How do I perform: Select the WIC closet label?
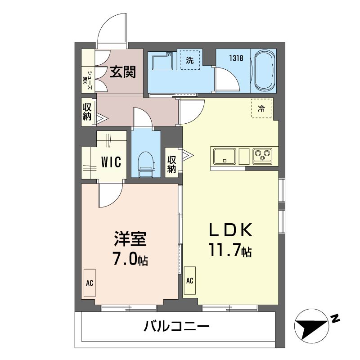tap(111, 162)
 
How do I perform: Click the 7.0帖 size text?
tap(130, 260)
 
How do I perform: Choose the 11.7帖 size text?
tap(229, 251)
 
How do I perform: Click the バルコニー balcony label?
tap(176, 325)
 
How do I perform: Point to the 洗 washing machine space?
tap(190, 60)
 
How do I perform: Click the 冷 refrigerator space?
tap(261, 108)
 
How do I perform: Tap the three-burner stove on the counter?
tap(262, 156)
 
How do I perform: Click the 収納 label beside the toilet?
tap(171, 164)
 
